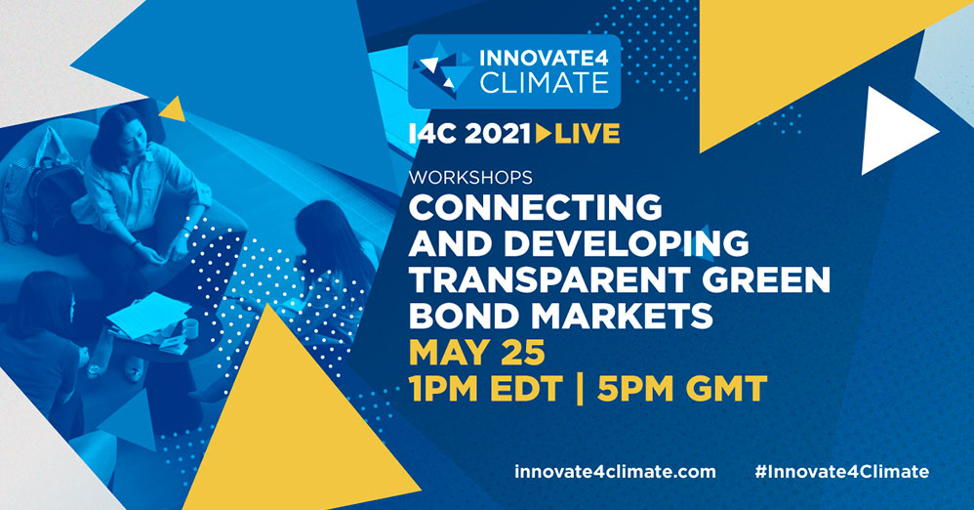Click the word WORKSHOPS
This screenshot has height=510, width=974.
click(470, 177)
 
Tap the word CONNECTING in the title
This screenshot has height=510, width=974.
click(536, 207)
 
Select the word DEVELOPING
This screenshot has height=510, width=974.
click(627, 243)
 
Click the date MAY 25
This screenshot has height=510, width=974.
click(477, 352)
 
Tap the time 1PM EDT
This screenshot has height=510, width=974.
click(485, 389)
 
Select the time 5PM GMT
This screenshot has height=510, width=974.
click(682, 389)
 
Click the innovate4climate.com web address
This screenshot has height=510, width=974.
click(615, 472)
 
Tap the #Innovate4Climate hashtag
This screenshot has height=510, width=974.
click(841, 472)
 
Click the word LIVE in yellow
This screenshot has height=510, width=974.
click(587, 134)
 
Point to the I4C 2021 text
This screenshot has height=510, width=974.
click(469, 134)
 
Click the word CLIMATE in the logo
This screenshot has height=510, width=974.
click(545, 83)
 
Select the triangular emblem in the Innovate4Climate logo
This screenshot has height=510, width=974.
click(445, 69)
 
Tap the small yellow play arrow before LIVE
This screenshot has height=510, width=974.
click(543, 134)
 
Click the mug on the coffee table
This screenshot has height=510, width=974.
click(189, 327)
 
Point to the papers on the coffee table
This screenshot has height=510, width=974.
click(149, 316)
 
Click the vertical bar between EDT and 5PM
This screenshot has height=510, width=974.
click(580, 389)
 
